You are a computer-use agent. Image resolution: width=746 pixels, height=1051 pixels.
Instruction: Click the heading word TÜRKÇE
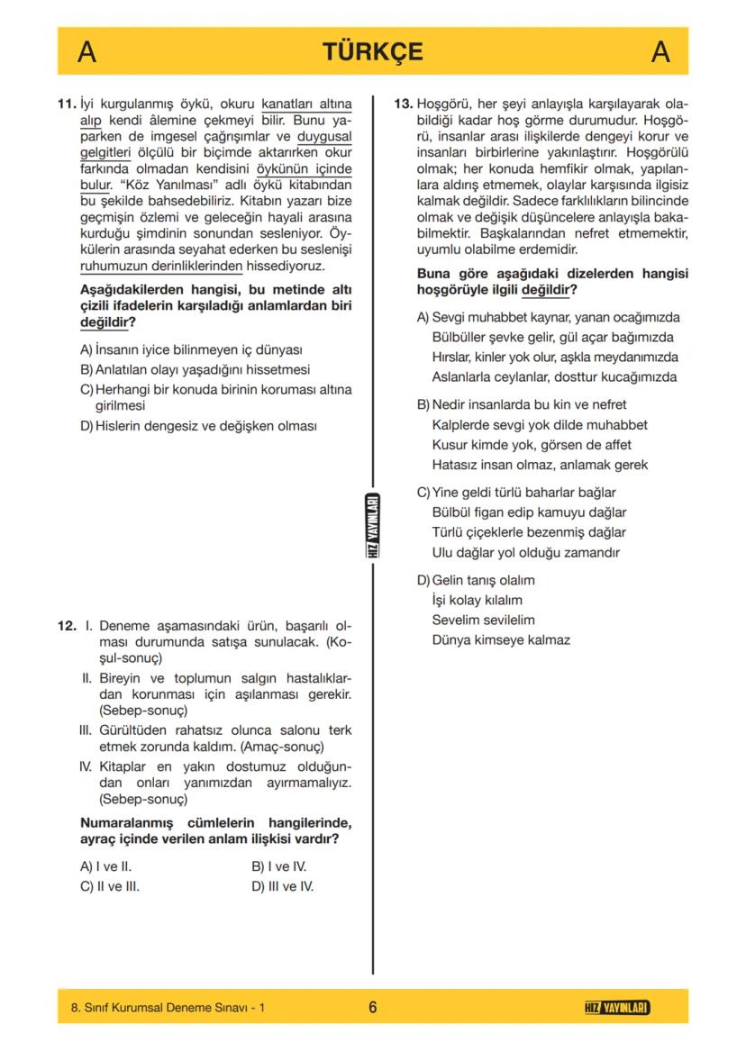[372, 52]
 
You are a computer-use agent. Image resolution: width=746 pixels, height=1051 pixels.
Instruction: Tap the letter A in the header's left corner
[86, 52]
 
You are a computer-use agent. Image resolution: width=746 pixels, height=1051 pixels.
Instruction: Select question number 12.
[67, 625]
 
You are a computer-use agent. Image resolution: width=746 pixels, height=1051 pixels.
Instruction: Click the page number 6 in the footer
[372, 1007]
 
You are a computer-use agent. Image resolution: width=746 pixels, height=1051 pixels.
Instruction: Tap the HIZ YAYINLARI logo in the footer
[617, 1007]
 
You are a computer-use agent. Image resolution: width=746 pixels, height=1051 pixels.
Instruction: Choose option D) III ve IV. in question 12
[282, 886]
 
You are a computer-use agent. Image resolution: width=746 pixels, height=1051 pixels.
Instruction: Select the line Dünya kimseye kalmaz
[501, 640]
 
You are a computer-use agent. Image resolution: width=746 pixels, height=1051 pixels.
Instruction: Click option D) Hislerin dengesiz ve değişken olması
[198, 426]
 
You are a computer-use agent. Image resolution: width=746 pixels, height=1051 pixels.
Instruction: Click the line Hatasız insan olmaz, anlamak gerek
[540, 465]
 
